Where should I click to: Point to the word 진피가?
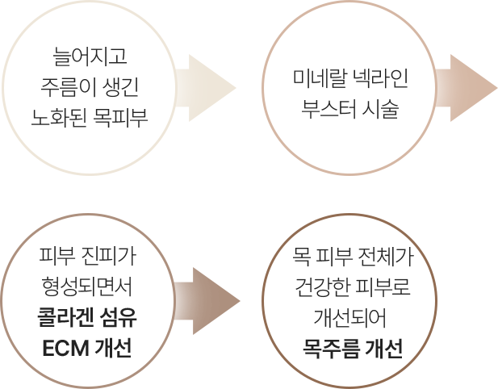click(108, 258)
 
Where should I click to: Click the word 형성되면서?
click(89, 288)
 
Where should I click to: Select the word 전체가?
click(386, 258)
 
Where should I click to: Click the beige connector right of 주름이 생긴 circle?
click(205, 89)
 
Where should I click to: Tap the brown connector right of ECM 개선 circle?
click(207, 301)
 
